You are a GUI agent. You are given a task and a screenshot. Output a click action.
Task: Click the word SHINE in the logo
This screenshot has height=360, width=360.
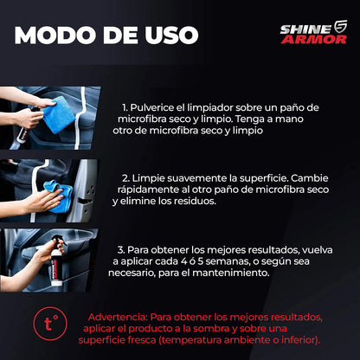pyautogui.click(x=303, y=29)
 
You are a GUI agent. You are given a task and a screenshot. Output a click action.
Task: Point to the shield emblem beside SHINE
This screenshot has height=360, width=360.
pyautogui.click(x=340, y=28)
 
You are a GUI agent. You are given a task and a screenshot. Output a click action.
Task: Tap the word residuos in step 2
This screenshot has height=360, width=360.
pyautogui.click(x=190, y=201)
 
